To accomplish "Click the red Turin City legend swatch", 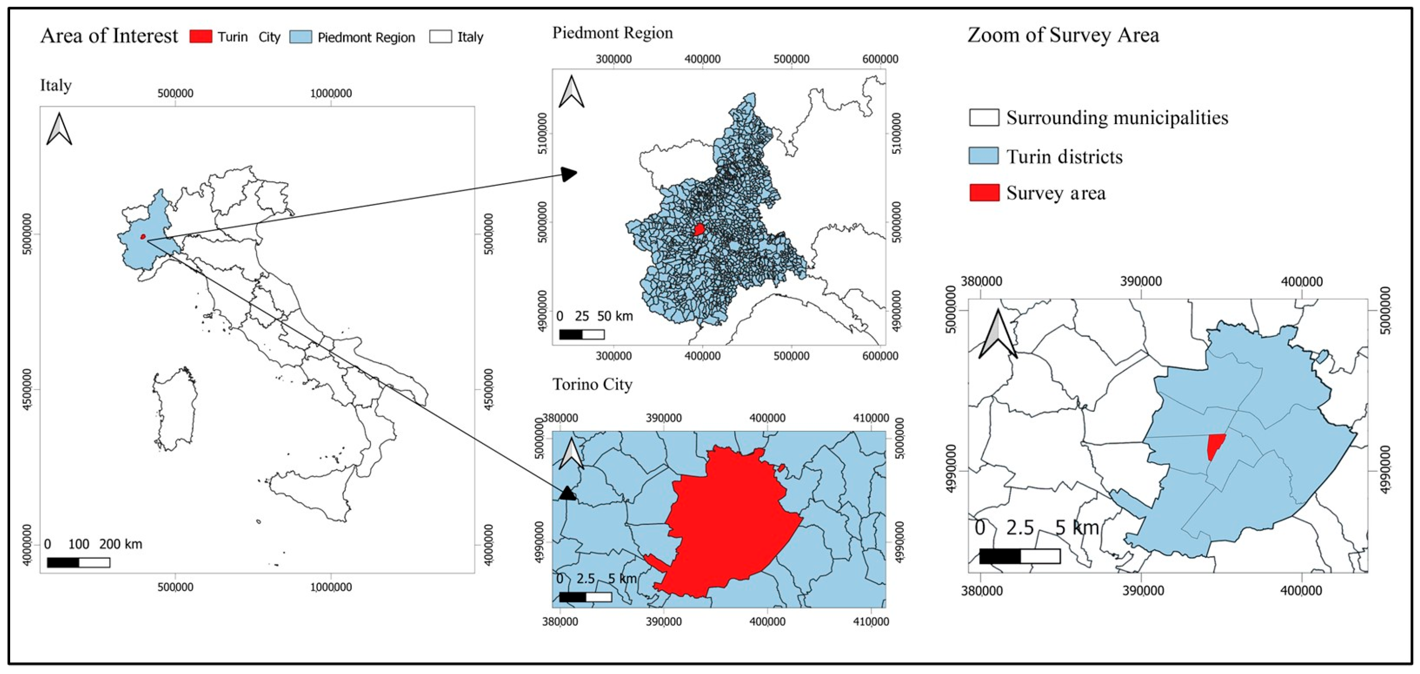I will [200, 36].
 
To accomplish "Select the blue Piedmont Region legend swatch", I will [300, 37].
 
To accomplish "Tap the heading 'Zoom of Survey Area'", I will [1063, 35].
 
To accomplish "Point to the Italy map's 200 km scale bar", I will [78, 562].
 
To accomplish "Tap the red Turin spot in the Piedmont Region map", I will [699, 229].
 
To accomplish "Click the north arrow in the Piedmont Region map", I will [571, 92].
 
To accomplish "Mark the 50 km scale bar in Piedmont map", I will [582, 335].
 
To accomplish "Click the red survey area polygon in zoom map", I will [1215, 445].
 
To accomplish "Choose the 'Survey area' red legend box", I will [984, 193].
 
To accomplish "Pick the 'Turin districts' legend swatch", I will [984, 156].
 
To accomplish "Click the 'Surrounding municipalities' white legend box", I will [984, 117].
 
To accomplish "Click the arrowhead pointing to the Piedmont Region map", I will [570, 175].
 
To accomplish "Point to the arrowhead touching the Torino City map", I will [568, 493].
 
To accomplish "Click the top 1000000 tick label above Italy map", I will [331, 93].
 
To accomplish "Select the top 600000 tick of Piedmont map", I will [880, 59].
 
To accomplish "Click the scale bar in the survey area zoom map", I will [1020, 556].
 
